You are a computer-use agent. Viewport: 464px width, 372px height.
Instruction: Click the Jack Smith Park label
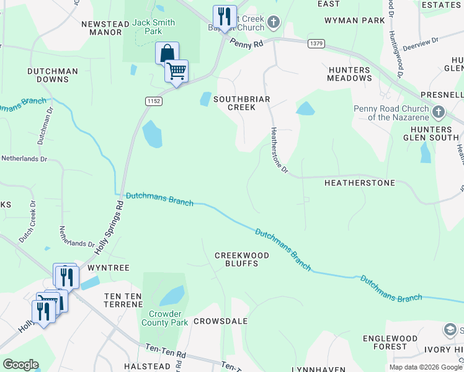coord(154,27)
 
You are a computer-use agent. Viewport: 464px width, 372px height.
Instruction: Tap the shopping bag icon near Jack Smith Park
coord(167,53)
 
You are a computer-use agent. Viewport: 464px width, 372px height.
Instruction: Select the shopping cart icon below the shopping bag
coord(177,71)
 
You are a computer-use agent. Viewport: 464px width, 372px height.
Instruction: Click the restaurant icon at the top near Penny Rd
coord(224,16)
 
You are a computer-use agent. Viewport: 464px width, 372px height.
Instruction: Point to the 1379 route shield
coord(315,43)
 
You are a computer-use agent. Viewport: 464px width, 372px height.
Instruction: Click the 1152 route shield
coord(153,101)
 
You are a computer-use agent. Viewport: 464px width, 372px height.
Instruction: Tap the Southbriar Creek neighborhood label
coord(234,103)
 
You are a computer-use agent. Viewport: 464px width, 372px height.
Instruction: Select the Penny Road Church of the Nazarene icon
coord(439,112)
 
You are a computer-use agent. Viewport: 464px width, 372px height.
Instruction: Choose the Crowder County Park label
coord(164,318)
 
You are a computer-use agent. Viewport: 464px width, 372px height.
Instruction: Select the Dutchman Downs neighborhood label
coord(53,76)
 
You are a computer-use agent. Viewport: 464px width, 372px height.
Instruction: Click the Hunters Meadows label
coord(350,74)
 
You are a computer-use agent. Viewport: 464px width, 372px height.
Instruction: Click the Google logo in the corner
coord(20,365)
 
